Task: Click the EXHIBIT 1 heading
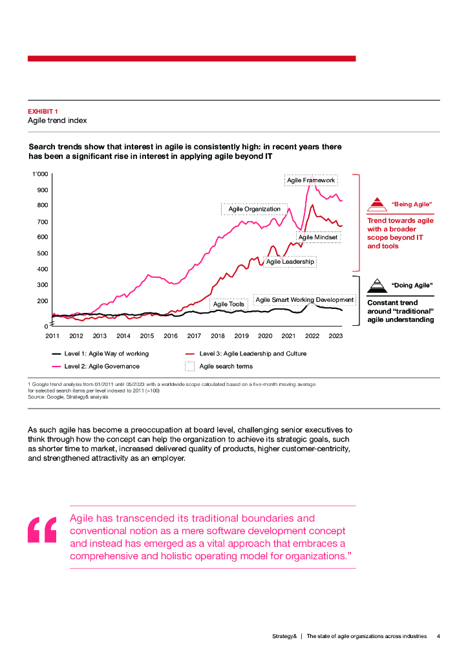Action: tap(43, 111)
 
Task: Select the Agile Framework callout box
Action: tap(311, 180)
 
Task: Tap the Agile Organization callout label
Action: tap(255, 209)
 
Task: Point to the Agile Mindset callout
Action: tap(318, 237)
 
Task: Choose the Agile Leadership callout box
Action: tap(290, 262)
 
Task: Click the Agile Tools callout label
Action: tap(229, 304)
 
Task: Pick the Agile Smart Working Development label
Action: tap(304, 300)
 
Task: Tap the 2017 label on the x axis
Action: tap(194, 336)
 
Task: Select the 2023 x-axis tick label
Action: tap(335, 336)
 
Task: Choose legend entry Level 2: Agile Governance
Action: tap(97, 367)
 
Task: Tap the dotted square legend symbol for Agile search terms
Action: tap(190, 367)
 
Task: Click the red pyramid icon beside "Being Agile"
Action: tap(376, 205)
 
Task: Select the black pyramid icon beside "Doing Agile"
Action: tap(376, 286)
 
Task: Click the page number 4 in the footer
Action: tap(438, 636)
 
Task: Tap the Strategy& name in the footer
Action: tap(284, 636)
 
